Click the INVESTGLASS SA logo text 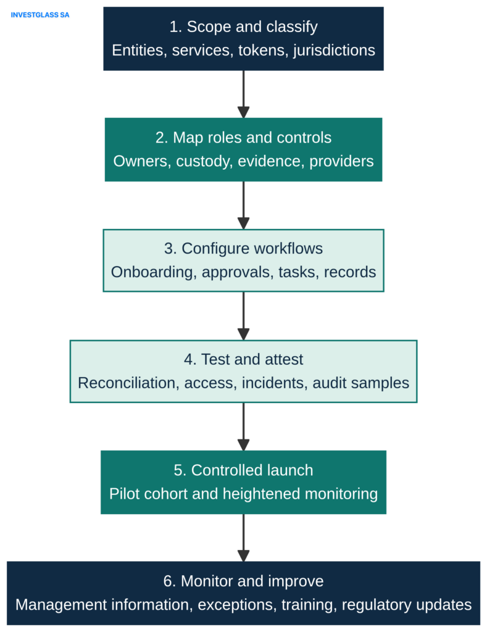pyautogui.click(x=40, y=15)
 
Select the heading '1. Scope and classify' pyautogui.click(x=243, y=27)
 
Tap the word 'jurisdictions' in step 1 pyautogui.click(x=334, y=51)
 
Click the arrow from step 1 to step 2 pyautogui.click(x=243, y=94)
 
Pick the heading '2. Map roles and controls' pyautogui.click(x=243, y=138)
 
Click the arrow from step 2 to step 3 pyautogui.click(x=243, y=206)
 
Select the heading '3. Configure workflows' pyautogui.click(x=243, y=248)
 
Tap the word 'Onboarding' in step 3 pyautogui.click(x=154, y=272)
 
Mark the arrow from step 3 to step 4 pyautogui.click(x=243, y=316)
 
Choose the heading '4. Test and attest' pyautogui.click(x=243, y=359)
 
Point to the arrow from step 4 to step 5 pyautogui.click(x=243, y=427)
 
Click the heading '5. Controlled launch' pyautogui.click(x=243, y=470)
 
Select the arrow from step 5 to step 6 pyautogui.click(x=243, y=538)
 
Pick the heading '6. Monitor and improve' pyautogui.click(x=243, y=581)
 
